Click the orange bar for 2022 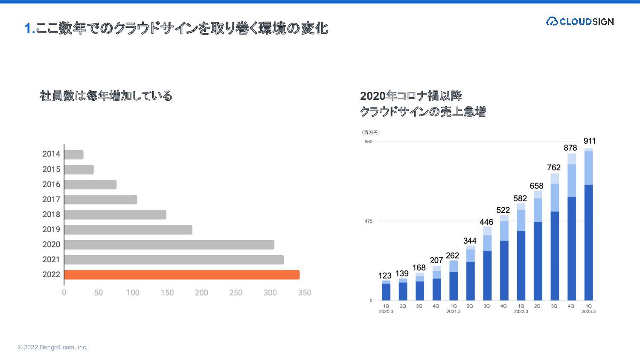[x=182, y=275]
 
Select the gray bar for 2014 [x=74, y=154]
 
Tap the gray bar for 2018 [x=115, y=215]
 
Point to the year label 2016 [x=51, y=184]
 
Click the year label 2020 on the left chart [x=51, y=244]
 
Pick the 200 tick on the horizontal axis [x=201, y=293]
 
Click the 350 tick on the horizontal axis [x=304, y=293]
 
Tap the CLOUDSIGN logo [x=580, y=21]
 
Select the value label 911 [x=589, y=141]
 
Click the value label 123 [x=385, y=276]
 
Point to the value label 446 [x=486, y=222]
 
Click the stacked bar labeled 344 [x=470, y=273]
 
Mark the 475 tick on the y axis [x=368, y=221]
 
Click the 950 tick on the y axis [x=368, y=142]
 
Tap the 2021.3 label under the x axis [x=454, y=311]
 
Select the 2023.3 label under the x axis [x=588, y=311]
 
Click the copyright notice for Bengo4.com [x=52, y=347]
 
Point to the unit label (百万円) [x=371, y=133]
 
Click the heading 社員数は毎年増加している [x=106, y=96]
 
